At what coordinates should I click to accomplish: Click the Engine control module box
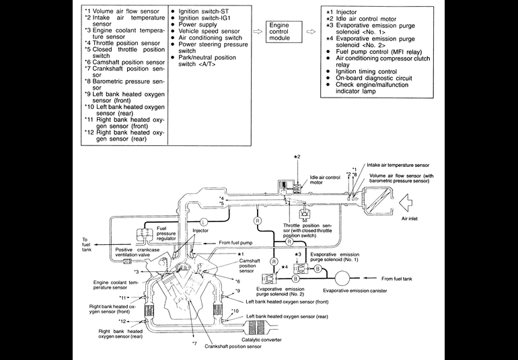click(x=280, y=31)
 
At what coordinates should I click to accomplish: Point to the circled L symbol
click(x=204, y=221)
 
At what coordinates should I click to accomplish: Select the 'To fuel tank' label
click(x=89, y=244)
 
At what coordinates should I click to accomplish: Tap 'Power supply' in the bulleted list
click(x=198, y=24)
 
